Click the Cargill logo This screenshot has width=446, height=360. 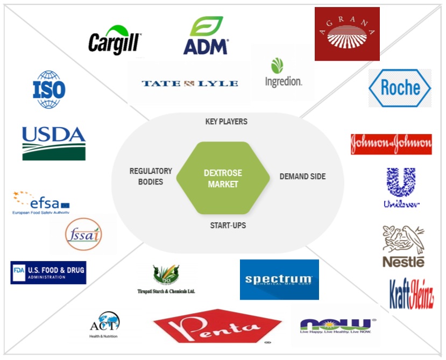pos(115,40)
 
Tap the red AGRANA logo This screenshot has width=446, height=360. pos(347,33)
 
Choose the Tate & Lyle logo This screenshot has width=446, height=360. pos(189,83)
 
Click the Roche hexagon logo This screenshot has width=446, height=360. pos(400,88)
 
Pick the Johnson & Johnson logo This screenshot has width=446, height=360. pos(391,144)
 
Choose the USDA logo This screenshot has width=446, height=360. pos(54,143)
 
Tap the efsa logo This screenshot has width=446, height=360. pos(41,203)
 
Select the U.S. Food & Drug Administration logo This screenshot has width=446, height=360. pos(48,272)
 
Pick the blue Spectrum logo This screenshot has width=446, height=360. pos(279,280)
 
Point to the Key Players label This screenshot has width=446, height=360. pos(226,122)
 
